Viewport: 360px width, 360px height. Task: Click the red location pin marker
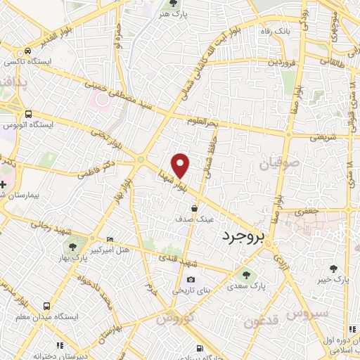[181, 165]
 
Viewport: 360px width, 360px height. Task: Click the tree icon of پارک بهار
[72, 246]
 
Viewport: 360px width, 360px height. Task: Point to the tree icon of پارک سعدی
[246, 275]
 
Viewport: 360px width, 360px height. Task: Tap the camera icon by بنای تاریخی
[191, 279]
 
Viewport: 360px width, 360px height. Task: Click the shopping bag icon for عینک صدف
[195, 208]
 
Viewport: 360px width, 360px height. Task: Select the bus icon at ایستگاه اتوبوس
[27, 113]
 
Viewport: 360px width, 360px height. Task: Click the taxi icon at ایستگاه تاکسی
[27, 51]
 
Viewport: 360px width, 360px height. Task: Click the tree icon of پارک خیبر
[335, 268]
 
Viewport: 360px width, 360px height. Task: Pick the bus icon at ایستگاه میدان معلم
[46, 306]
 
